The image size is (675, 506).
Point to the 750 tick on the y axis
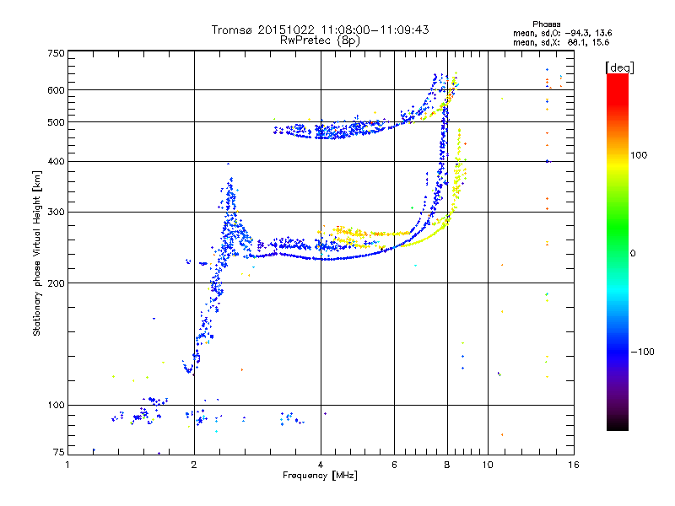point(55,53)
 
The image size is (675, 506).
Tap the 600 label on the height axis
point(55,90)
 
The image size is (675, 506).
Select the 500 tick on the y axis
point(55,122)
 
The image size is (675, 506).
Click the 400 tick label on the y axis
point(55,162)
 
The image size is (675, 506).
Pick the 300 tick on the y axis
point(55,213)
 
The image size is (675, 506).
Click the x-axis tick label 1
point(68,465)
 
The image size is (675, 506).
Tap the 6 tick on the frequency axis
point(394,465)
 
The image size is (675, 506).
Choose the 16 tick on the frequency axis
point(572,465)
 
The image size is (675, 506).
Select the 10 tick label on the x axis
point(487,465)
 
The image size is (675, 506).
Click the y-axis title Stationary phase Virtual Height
point(37,253)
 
